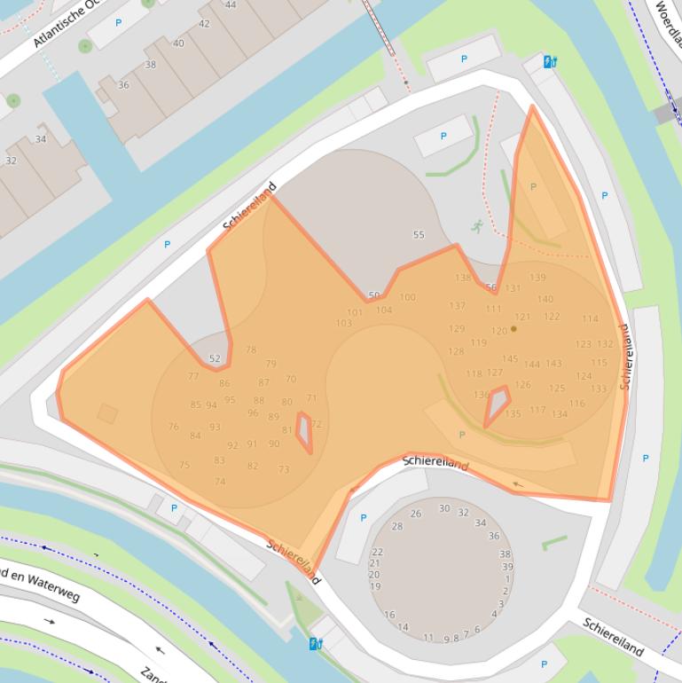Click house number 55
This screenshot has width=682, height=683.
(419, 235)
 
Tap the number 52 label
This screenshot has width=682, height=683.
(215, 358)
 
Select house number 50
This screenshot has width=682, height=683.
(373, 295)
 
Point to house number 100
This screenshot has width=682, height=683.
(407, 297)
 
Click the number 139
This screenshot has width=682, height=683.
(537, 278)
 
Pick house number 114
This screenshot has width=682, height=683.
(590, 319)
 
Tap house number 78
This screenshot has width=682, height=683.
(251, 350)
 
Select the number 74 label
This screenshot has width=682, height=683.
(220, 482)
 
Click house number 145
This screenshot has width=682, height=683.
(509, 359)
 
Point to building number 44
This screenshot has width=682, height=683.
(231, 5)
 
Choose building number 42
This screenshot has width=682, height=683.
(204, 24)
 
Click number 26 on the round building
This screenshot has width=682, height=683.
(416, 514)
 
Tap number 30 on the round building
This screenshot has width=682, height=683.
(444, 508)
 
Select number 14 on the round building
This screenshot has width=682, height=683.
(403, 627)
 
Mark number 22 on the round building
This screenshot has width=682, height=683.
(377, 553)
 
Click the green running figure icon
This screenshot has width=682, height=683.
(478, 226)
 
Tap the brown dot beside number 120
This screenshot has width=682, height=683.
(513, 329)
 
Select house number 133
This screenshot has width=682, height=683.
(599, 389)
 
